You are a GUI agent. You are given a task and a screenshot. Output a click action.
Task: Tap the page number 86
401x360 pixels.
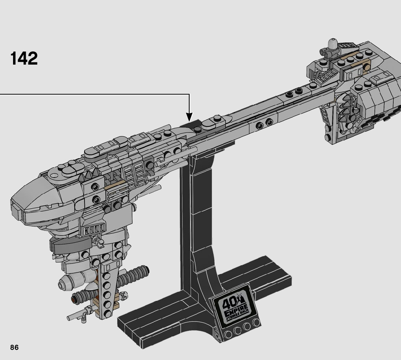[14, 347]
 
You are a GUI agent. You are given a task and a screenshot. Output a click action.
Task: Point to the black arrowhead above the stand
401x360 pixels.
[189, 117]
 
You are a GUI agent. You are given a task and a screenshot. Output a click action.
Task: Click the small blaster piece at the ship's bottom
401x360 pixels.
[78, 315]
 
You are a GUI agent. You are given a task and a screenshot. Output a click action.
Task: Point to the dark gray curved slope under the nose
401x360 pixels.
[69, 246]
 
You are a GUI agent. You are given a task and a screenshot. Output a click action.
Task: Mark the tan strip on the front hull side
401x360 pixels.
[116, 186]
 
